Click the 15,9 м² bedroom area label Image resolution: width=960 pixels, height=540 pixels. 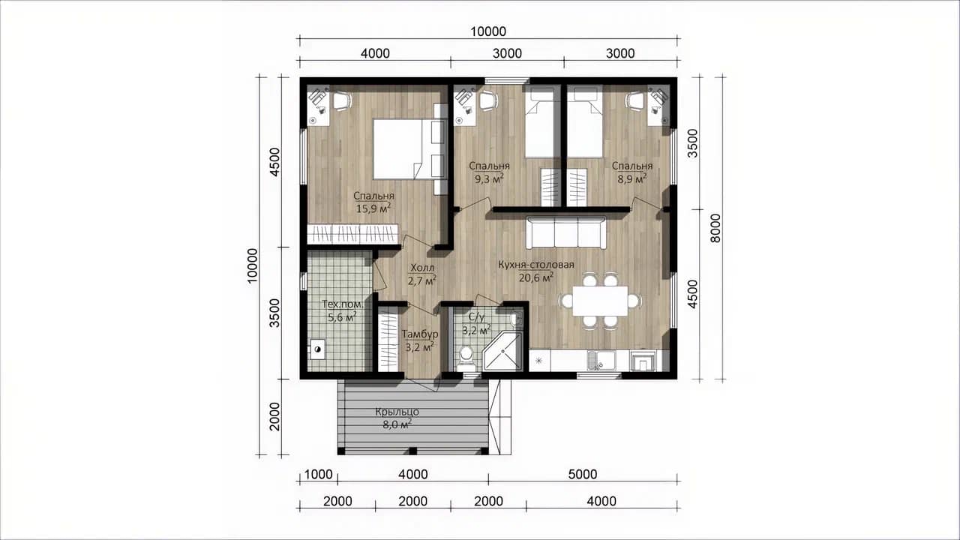pyautogui.click(x=373, y=208)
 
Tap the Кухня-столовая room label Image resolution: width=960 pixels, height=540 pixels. pyautogui.click(x=535, y=265)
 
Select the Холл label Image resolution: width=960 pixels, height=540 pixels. pyautogui.click(x=422, y=268)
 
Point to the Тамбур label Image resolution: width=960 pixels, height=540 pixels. pyautogui.click(x=419, y=334)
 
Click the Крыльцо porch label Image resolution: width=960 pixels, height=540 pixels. pyautogui.click(x=397, y=412)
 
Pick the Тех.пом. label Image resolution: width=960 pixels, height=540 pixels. pyautogui.click(x=343, y=304)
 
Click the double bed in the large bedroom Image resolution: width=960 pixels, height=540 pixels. pyautogui.click(x=410, y=149)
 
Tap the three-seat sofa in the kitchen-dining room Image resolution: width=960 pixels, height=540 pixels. pyautogui.click(x=566, y=232)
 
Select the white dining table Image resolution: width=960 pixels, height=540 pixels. pyautogui.click(x=600, y=301)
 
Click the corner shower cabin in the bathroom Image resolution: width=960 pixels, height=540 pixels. pyautogui.click(x=502, y=351)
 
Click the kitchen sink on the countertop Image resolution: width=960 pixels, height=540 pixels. pyautogui.click(x=601, y=361)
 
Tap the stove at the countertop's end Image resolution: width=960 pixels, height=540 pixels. pyautogui.click(x=643, y=361)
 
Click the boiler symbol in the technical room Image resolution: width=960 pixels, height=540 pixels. pyautogui.click(x=316, y=349)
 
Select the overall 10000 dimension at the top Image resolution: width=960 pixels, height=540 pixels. pyautogui.click(x=488, y=31)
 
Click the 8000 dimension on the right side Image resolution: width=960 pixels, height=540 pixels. pyautogui.click(x=715, y=229)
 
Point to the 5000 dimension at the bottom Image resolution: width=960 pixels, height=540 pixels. pyautogui.click(x=583, y=475)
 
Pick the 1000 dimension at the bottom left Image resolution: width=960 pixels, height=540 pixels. pyautogui.click(x=318, y=475)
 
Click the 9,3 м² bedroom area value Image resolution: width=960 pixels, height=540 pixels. pyautogui.click(x=489, y=178)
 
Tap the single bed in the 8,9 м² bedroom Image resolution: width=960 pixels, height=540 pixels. pyautogui.click(x=584, y=121)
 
